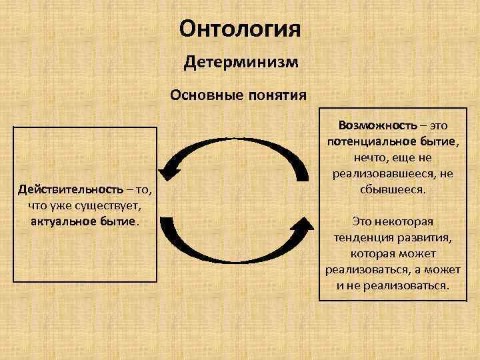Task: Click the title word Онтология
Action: coord(240,29)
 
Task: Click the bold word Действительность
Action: coord(66,190)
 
